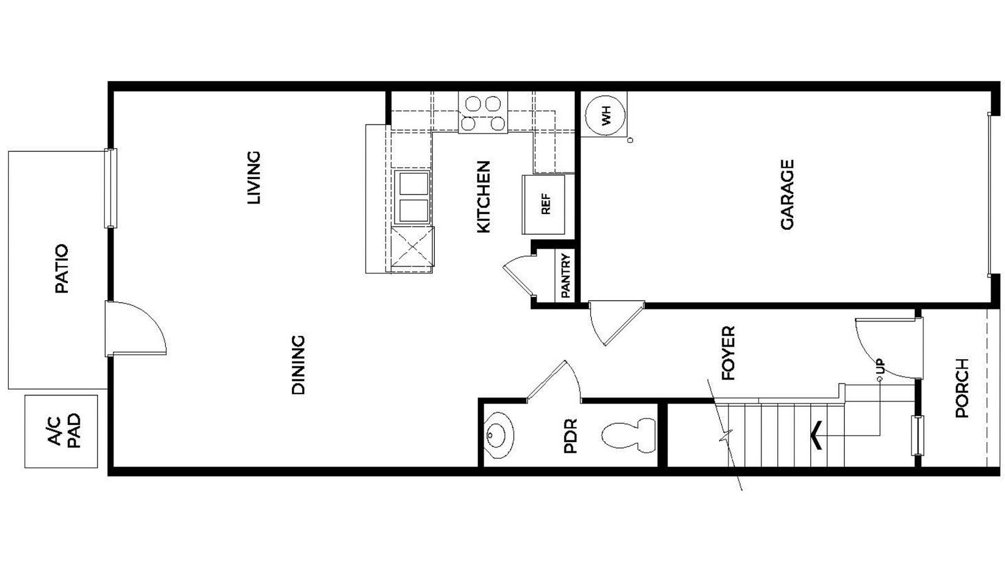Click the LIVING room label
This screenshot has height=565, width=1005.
tap(253, 178)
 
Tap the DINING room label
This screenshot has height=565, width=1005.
tap(298, 365)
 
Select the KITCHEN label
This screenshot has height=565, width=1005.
tap(483, 197)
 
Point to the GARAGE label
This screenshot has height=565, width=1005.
tap(787, 195)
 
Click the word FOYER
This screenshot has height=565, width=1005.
tap(729, 353)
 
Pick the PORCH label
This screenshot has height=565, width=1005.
tap(962, 388)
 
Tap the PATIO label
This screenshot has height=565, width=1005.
tap(62, 269)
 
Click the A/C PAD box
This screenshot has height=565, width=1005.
tap(62, 431)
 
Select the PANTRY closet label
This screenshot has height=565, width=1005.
tap(565, 275)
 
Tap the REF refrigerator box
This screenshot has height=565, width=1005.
tap(544, 204)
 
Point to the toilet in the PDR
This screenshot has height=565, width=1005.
tap(629, 434)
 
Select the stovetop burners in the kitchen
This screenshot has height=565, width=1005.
tap(483, 113)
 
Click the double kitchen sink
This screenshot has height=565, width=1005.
tap(413, 196)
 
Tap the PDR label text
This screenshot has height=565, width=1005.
tap(570, 436)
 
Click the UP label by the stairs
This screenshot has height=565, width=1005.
tap(880, 366)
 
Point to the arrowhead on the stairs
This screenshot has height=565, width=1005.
tap(817, 434)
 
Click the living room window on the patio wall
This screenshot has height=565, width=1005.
tap(111, 188)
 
